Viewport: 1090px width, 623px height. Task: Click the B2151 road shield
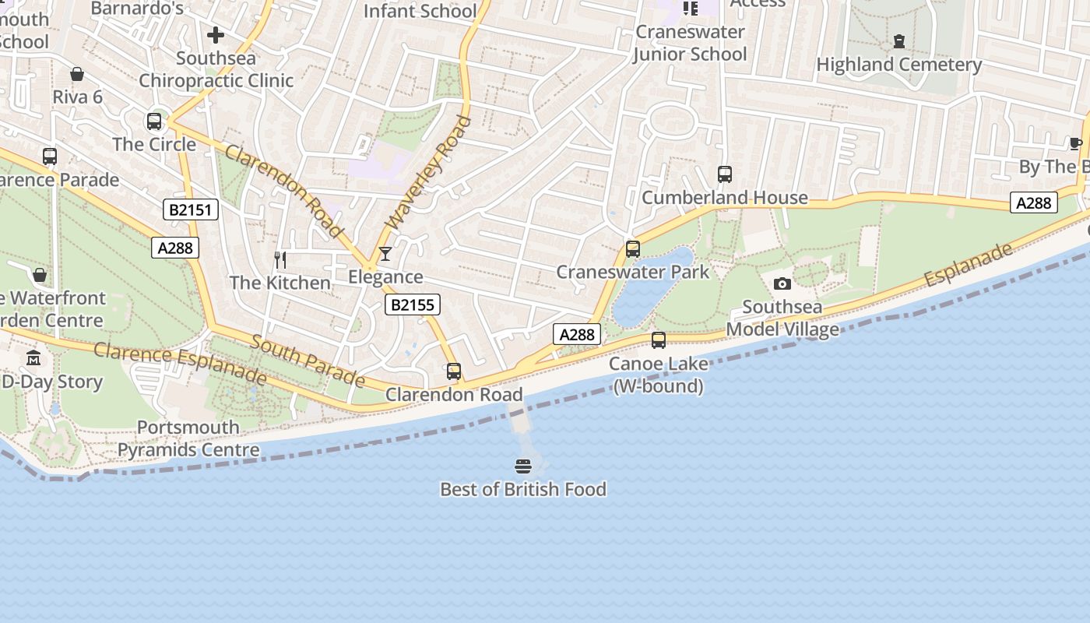tap(191, 209)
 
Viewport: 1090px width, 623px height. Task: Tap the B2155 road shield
tap(412, 304)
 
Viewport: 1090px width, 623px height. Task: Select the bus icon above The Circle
tap(154, 121)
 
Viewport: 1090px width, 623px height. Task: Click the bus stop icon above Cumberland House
tap(725, 174)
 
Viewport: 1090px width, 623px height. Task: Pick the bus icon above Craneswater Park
tap(633, 249)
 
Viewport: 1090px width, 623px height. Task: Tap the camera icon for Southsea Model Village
tap(782, 283)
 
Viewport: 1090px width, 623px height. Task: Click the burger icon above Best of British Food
tap(523, 466)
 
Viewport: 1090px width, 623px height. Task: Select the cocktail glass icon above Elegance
tap(385, 254)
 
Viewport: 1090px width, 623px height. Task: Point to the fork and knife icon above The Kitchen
tap(280, 259)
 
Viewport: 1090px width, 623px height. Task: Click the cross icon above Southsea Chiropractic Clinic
tap(216, 35)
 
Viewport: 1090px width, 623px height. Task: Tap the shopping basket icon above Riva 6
tap(77, 74)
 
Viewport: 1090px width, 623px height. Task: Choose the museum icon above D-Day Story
tap(33, 358)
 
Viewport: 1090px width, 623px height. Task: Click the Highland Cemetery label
tap(899, 65)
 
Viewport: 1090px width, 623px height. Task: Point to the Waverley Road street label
tap(429, 172)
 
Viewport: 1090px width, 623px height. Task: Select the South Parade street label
tap(308, 361)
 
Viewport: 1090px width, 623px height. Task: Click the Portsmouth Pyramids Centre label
tap(188, 438)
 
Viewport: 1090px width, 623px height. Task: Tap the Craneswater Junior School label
tap(690, 43)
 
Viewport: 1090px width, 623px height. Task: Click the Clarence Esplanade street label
tap(180, 363)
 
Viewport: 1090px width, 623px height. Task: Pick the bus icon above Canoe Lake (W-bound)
tap(659, 340)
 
